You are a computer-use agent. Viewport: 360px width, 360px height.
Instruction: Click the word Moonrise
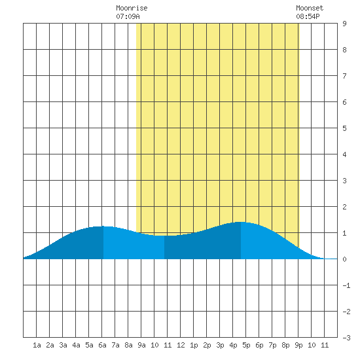click(132, 8)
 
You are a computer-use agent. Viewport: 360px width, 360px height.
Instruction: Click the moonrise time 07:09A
click(128, 16)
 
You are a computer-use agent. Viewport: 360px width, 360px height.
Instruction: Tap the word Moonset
click(310, 8)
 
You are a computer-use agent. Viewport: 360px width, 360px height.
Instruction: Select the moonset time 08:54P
click(308, 16)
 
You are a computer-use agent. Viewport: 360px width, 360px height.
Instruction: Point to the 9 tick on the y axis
click(344, 24)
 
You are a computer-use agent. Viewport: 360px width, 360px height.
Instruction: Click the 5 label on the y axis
click(344, 128)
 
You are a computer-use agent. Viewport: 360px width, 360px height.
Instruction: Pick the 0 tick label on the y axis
click(344, 259)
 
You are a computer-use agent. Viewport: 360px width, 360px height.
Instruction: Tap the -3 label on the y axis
click(346, 338)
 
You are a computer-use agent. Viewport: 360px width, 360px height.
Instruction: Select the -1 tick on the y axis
click(346, 285)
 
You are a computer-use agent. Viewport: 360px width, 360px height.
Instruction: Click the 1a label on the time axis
click(37, 345)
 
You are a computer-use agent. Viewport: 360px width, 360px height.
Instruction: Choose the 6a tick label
click(102, 345)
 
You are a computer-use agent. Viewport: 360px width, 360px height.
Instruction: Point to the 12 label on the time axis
click(181, 345)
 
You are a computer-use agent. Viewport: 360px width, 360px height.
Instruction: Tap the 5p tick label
click(246, 345)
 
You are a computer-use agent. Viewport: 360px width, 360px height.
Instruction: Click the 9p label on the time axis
click(298, 345)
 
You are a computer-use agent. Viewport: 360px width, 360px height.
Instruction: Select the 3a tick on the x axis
click(63, 345)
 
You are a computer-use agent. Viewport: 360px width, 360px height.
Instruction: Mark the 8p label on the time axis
click(285, 345)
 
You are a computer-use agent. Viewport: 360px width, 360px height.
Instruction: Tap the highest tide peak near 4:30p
click(241, 222)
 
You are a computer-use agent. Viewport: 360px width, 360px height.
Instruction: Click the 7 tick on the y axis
click(344, 76)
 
